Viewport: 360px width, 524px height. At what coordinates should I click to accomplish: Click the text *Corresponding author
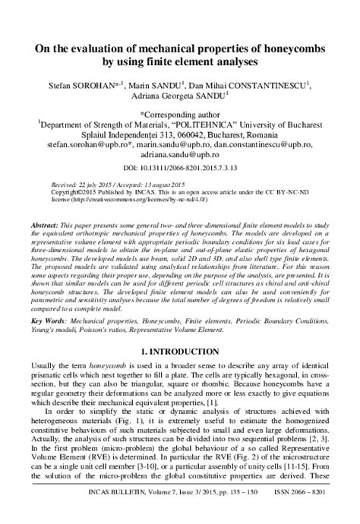point(180,112)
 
